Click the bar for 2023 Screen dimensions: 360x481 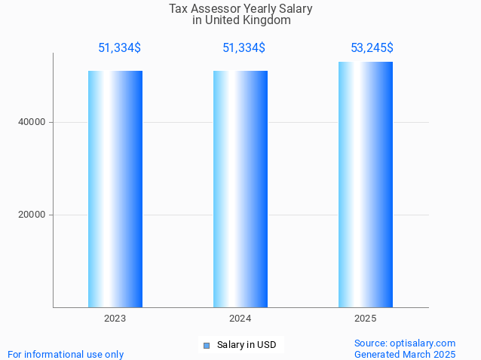click(115, 188)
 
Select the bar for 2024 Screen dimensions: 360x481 click(240, 188)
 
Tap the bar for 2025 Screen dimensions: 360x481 click(366, 184)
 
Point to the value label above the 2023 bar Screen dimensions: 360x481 click(119, 48)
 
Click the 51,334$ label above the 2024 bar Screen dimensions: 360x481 click(244, 48)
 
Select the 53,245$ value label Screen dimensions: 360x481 click(372, 48)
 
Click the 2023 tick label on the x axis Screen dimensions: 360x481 click(115, 319)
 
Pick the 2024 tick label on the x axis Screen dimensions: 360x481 click(240, 319)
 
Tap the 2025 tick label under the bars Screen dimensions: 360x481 click(366, 319)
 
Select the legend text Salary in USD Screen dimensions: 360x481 click(247, 345)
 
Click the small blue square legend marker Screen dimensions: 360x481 click(207, 346)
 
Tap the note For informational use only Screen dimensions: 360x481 click(66, 354)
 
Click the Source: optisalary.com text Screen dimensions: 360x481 click(405, 343)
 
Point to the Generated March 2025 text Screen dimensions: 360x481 click(405, 354)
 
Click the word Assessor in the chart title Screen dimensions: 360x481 click(216, 9)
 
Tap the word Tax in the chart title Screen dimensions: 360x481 click(179, 9)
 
